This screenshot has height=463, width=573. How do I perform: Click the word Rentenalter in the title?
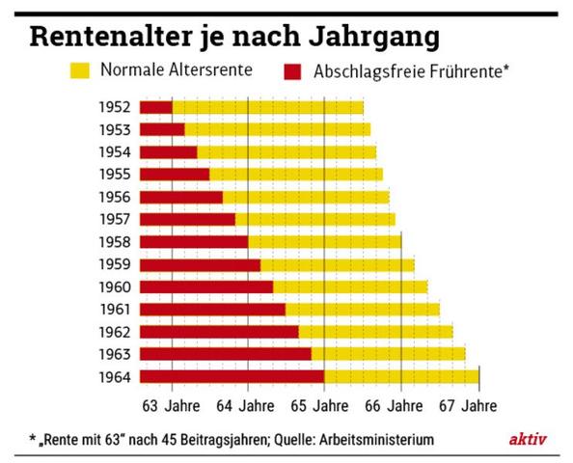[106, 37]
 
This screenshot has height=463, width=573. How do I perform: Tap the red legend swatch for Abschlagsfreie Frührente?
[294, 70]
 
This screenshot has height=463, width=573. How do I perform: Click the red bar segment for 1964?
[232, 376]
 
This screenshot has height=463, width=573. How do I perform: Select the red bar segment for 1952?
[155, 107]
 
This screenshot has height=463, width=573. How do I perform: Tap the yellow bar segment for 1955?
[295, 175]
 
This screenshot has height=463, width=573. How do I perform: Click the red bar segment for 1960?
[206, 286]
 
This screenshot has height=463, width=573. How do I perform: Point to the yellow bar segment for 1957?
[314, 219]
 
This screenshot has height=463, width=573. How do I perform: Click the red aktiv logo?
[528, 439]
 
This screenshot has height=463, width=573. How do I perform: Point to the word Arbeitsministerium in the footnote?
[371, 440]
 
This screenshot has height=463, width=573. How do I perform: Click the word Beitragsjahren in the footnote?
[213, 440]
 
